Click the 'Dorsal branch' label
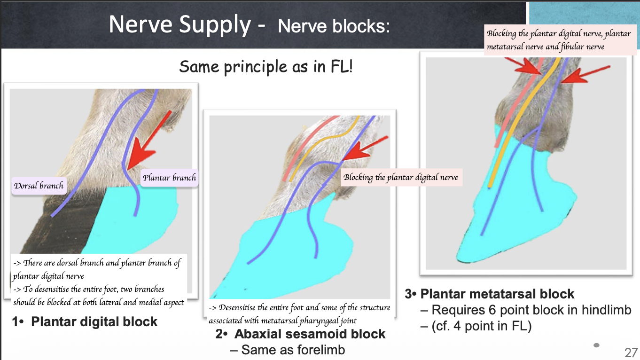pos(39,186)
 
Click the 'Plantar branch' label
pos(169,178)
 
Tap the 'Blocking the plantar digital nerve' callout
pos(400,177)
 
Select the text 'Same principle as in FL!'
pos(266,67)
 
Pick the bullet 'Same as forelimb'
pos(293,350)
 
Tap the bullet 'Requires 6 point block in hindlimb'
pos(531,310)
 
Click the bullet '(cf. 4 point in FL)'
pos(481,326)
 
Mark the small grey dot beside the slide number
pos(597,345)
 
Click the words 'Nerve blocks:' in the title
pos(334,26)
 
